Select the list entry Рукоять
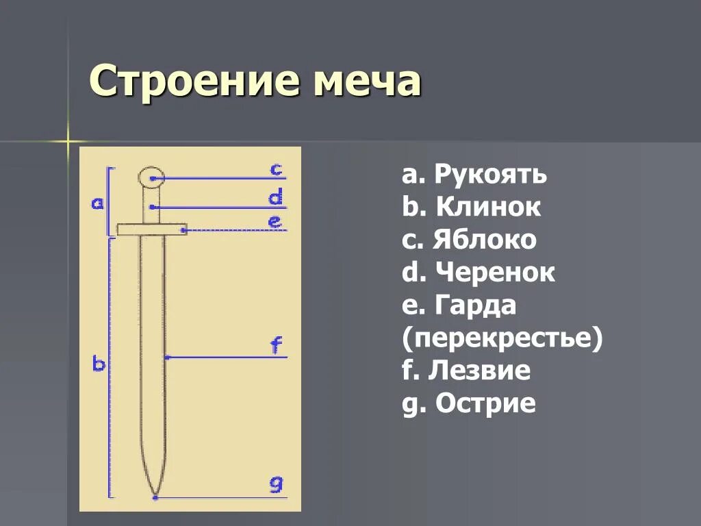490,175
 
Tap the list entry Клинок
487,207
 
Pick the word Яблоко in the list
485,240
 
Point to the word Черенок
494,273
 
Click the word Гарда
474,305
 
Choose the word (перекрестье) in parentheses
502,338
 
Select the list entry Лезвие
479,371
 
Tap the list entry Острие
485,403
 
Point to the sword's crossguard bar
152,229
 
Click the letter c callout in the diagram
275,168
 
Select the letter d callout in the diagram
275,198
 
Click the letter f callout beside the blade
276,346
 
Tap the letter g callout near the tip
275,485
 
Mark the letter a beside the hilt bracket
97,203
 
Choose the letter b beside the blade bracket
99,364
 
